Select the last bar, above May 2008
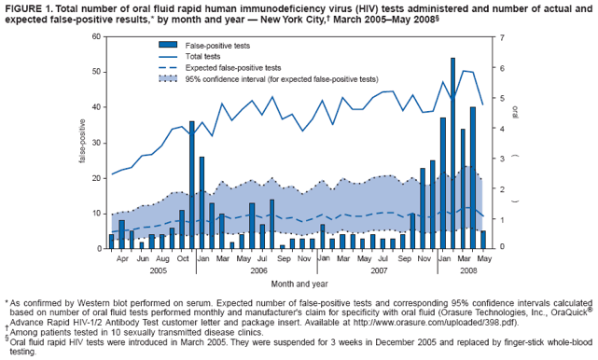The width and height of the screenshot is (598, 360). click(482, 240)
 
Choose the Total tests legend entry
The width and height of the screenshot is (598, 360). click(206, 56)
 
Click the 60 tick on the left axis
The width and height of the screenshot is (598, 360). click(96, 36)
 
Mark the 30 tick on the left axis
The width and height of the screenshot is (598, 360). click(96, 143)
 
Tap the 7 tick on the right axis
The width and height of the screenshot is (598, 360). click(501, 36)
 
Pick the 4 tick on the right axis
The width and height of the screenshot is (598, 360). click(501, 127)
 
